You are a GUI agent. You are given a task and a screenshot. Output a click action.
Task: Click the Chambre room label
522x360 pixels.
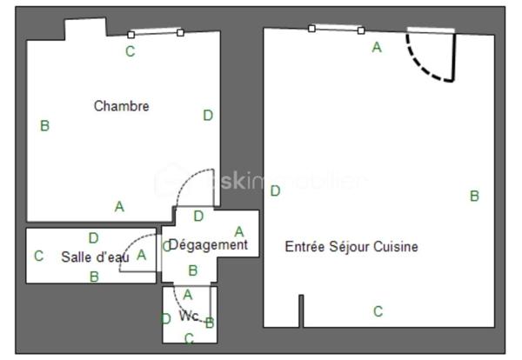point(121,106)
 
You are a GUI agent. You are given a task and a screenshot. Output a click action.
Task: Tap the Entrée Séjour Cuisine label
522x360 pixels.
point(351,247)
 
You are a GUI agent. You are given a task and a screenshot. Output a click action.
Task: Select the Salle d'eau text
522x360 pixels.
point(95,257)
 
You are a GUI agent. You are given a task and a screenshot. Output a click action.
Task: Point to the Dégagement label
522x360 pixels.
point(208,245)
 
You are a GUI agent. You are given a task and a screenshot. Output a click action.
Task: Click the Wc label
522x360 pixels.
point(189,316)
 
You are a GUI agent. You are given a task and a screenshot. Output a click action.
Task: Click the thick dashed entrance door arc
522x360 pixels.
point(426,61)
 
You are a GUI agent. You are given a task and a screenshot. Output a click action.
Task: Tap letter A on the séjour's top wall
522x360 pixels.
point(377,48)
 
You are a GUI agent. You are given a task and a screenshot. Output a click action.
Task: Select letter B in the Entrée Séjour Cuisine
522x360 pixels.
point(474,197)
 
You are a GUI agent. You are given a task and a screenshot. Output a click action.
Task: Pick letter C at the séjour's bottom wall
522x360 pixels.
point(378,311)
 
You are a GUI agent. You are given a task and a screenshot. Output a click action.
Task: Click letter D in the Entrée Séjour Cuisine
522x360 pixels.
point(275,191)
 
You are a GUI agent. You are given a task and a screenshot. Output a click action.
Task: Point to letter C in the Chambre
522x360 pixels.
point(130,51)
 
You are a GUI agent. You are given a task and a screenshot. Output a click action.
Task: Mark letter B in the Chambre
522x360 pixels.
point(44,126)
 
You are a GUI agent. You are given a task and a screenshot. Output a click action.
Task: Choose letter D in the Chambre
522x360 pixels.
point(207,115)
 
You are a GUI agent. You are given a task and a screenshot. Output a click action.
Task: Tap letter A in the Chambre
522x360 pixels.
point(119,207)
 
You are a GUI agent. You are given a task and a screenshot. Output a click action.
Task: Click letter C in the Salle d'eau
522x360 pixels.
point(38,257)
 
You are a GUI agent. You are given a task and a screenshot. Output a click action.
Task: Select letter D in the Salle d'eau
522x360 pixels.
point(93,237)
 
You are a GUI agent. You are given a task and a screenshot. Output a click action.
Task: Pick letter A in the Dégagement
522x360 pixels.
point(239,231)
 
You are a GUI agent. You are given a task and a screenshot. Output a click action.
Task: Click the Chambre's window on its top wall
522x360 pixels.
point(156,34)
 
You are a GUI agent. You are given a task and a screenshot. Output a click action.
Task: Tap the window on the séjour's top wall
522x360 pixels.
point(336,30)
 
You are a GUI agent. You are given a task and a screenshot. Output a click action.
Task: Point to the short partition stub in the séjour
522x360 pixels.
point(301,310)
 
